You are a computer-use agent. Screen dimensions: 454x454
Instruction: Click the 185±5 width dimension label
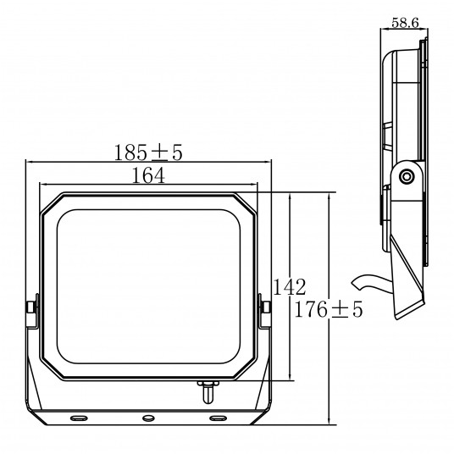click(x=148, y=152)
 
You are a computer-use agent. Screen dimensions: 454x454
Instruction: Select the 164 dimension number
click(x=148, y=175)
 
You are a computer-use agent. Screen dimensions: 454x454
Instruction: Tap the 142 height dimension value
click(x=289, y=287)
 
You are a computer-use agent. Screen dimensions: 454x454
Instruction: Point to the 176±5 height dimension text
click(x=329, y=309)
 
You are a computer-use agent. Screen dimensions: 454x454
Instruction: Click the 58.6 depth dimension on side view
click(x=405, y=23)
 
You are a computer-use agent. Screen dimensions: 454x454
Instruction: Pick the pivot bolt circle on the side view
click(x=406, y=176)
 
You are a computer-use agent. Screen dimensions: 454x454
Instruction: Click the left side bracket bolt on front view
click(x=32, y=307)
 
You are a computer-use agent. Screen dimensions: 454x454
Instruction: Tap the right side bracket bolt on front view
click(x=265, y=307)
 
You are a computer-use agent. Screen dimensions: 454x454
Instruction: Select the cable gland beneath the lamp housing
click(x=208, y=392)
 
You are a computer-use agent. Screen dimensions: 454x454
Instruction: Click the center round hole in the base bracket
click(x=148, y=418)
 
